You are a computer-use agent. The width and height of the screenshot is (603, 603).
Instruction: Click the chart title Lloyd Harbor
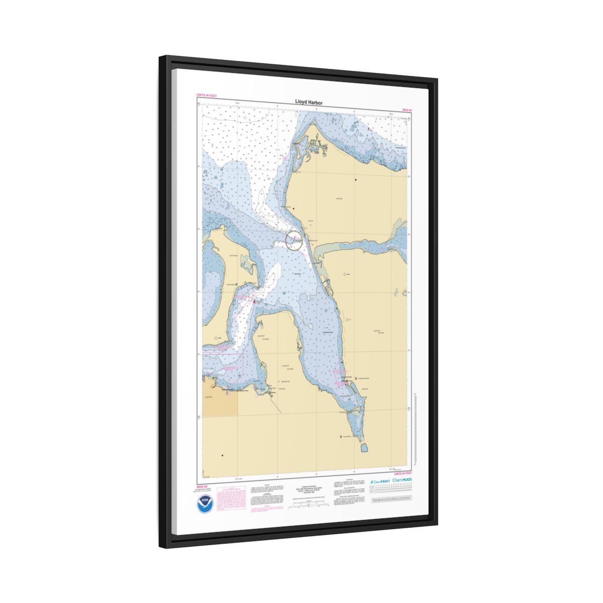pyautogui.click(x=309, y=103)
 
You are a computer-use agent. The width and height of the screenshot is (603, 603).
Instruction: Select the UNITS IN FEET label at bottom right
pyautogui.click(x=403, y=473)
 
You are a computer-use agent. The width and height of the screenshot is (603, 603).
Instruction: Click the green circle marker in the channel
pyautogui.click(x=294, y=240)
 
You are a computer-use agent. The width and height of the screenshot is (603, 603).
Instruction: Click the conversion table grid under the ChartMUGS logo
pyautogui.click(x=392, y=490)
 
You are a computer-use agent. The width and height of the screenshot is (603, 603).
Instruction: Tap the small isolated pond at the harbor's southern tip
pyautogui.click(x=364, y=446)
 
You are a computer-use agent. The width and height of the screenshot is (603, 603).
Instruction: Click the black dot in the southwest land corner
pyautogui.click(x=222, y=456)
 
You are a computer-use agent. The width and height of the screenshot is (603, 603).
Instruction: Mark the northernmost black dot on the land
pyautogui.click(x=356, y=179)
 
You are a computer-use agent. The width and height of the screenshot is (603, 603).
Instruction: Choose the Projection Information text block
pyautogui.click(x=307, y=489)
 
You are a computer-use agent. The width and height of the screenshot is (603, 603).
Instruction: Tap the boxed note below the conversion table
pyautogui.click(x=392, y=500)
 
